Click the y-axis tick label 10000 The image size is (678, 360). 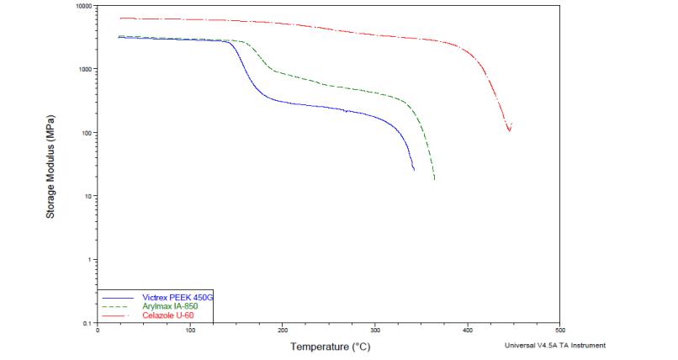pos(84,6)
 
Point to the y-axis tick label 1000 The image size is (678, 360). pos(86,69)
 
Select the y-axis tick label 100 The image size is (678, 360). pos(87,133)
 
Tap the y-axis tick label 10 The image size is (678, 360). pos(89,196)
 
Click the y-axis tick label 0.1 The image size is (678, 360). pos(89,323)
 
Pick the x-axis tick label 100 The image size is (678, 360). pos(190,330)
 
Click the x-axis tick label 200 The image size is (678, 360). pos(283,330)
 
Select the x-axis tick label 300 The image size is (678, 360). pos(375,330)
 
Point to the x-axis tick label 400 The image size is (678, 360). pos(468,330)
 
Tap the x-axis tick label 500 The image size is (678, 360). pos(560,330)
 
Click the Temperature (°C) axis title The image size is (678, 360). pos(331,346)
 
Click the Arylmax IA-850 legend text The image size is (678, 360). pos(171,306)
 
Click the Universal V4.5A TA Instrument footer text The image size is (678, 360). pos(554,345)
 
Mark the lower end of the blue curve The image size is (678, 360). pos(414,170)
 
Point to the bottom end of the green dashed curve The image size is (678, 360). pos(434,179)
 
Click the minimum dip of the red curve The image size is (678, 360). pos(509,130)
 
